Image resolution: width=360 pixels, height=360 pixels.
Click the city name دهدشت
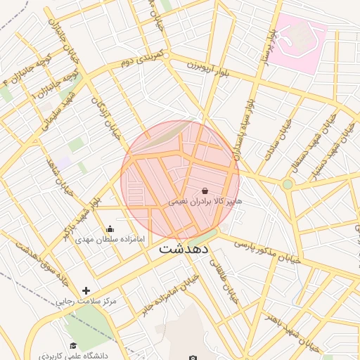[189, 248]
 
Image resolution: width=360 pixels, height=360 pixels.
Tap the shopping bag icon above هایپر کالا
[205, 191]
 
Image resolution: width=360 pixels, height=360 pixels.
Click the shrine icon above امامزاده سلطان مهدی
[110, 229]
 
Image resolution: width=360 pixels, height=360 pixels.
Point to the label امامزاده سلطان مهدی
[110, 239]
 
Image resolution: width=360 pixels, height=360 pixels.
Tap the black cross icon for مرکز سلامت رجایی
[86, 290]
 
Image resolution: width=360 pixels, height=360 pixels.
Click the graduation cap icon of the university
[73, 345]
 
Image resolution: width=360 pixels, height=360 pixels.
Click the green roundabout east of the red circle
[287, 184]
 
